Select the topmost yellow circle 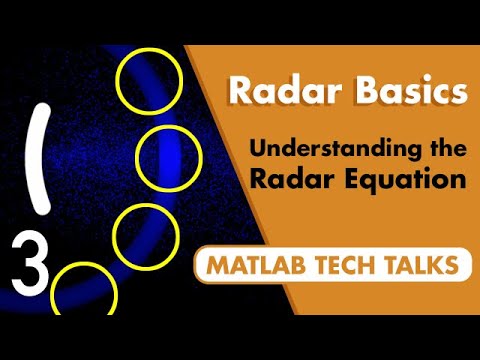[x=150, y=79]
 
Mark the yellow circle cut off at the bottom [x=84, y=292]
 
